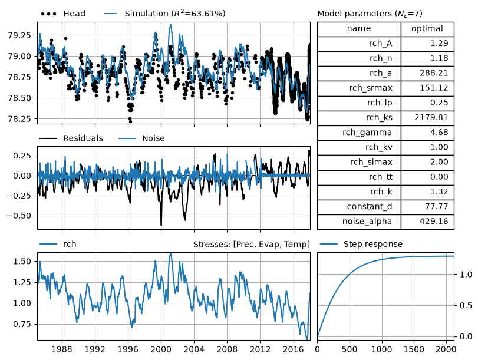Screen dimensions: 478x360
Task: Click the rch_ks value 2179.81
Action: click(431, 117)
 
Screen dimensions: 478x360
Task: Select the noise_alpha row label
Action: click(367, 221)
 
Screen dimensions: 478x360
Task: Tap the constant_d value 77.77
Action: click(437, 206)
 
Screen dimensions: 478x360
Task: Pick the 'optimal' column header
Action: click(427, 29)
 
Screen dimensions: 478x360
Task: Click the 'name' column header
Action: click(359, 28)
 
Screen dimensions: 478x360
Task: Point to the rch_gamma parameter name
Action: click(367, 133)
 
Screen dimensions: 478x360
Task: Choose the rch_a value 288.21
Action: click(434, 73)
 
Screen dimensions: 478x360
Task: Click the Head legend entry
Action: click(63, 14)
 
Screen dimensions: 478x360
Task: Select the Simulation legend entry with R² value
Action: click(164, 14)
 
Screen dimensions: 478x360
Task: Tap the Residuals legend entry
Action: click(71, 138)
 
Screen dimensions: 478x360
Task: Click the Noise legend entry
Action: click(142, 138)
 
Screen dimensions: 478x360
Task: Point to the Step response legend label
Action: click(361, 244)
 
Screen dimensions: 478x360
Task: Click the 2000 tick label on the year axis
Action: click(161, 349)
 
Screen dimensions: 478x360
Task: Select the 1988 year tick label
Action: click(62, 349)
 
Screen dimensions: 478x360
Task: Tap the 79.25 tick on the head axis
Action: click(19, 35)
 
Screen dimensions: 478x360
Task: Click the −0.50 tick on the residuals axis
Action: click(19, 216)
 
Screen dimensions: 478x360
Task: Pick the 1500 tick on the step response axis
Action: click(414, 349)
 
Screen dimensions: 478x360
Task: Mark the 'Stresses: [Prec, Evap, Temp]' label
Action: click(252, 245)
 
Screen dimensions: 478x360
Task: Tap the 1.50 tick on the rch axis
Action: click(22, 261)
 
